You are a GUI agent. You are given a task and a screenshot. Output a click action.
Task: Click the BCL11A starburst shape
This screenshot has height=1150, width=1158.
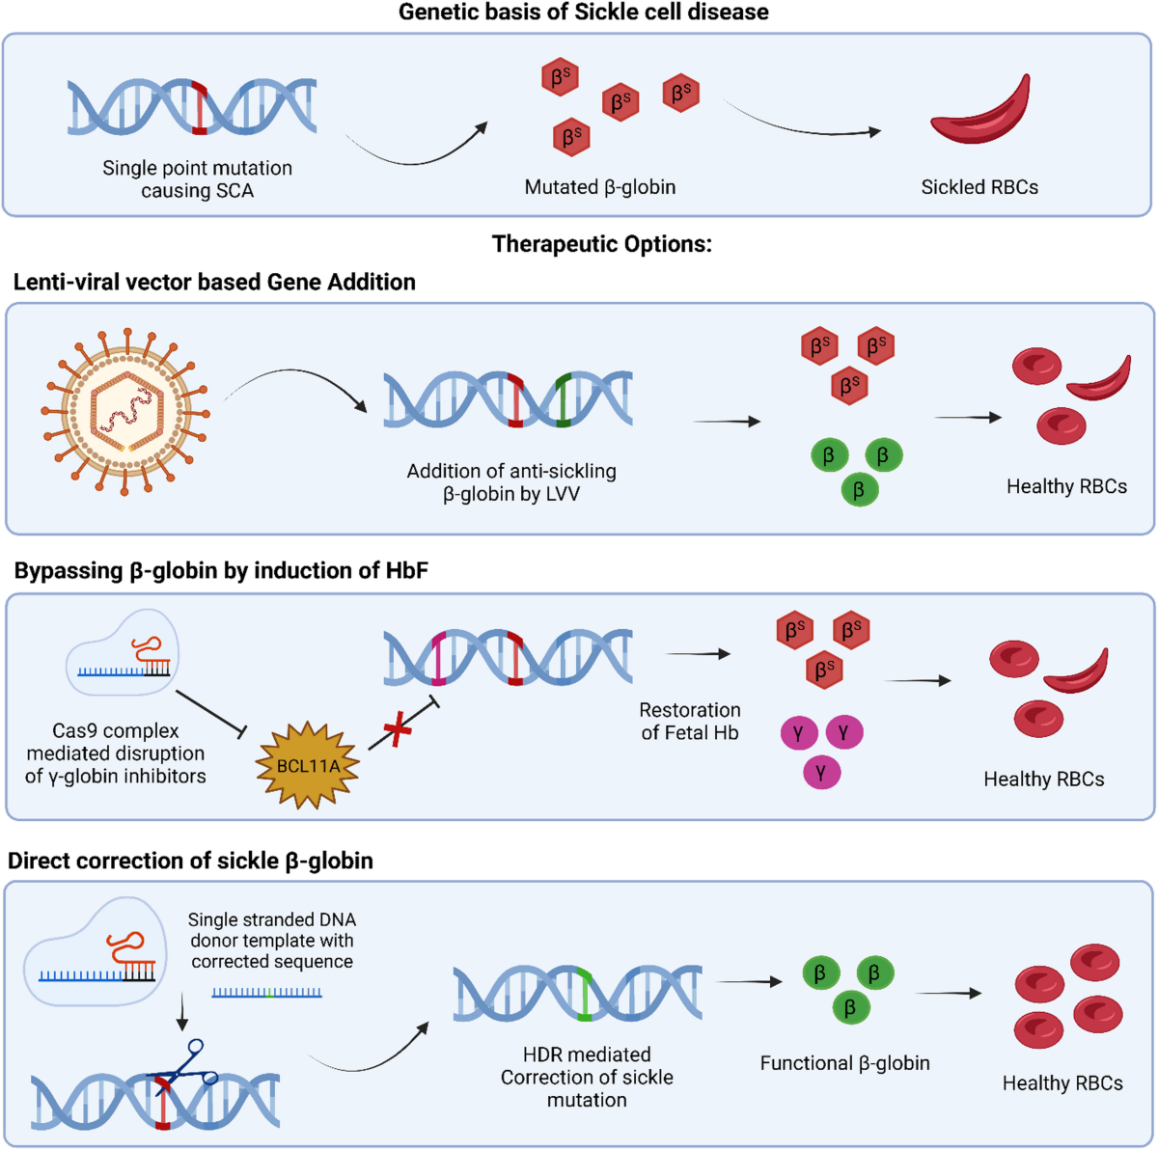tap(308, 765)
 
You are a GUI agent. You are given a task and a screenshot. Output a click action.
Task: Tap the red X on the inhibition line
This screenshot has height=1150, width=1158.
tap(398, 729)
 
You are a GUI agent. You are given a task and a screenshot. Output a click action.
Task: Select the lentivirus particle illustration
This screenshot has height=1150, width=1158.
tap(125, 409)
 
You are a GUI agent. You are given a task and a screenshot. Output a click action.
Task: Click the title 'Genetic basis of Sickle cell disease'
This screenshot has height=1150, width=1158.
tap(584, 13)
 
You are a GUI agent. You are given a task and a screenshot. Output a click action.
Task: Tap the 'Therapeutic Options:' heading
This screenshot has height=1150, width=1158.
tap(601, 244)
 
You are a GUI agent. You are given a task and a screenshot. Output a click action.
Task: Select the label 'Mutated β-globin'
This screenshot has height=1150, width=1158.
tap(599, 187)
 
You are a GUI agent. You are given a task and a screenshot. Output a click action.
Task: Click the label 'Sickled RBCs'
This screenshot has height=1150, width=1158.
tap(979, 187)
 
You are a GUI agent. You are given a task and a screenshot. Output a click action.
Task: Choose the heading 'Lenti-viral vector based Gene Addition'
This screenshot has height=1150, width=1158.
tap(214, 282)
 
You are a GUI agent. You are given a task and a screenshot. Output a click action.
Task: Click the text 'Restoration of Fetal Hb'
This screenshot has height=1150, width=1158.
tap(690, 722)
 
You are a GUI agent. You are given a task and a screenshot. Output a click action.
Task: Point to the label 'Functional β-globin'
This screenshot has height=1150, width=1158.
tap(844, 1063)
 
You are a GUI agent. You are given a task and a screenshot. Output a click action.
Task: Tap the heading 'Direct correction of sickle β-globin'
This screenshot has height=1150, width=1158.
tap(190, 861)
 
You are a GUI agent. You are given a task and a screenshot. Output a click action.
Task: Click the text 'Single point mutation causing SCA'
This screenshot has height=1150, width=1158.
tap(197, 179)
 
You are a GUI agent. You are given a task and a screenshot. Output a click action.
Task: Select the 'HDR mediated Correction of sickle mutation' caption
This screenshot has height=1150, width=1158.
tap(587, 1077)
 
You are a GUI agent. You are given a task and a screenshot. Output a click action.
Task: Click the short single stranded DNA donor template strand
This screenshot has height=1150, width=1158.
tap(267, 992)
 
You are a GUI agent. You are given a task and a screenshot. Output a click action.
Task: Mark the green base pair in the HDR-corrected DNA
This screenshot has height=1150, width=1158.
tap(583, 993)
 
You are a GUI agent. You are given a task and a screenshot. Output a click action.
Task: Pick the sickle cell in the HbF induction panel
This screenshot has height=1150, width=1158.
tap(1077, 671)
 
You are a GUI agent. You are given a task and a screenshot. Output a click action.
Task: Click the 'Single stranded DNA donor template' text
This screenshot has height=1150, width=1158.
tap(272, 941)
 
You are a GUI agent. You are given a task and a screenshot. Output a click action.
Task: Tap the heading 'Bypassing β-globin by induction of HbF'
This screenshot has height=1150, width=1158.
tap(221, 570)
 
